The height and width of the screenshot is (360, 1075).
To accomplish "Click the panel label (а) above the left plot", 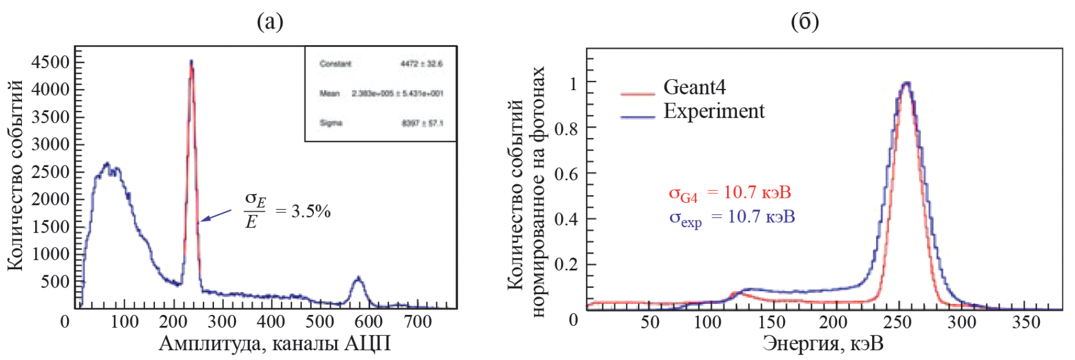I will click(x=270, y=22).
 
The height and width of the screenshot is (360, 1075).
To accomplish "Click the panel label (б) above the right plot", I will click(x=805, y=22).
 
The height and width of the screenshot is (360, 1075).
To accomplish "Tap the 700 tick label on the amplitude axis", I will click(x=418, y=322).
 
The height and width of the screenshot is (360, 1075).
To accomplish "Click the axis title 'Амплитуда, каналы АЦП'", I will click(x=275, y=344).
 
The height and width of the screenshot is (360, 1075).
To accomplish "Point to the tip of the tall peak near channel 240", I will click(x=191, y=62).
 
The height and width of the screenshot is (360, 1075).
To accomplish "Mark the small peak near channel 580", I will click(x=358, y=279).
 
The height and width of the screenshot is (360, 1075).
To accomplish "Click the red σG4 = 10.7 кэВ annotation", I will click(x=729, y=193).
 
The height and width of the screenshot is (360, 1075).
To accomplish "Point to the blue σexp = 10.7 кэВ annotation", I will click(x=732, y=217).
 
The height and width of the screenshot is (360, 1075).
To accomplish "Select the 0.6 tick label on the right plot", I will click(x=566, y=174).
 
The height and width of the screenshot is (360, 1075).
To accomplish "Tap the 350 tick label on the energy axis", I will click(x=1026, y=322).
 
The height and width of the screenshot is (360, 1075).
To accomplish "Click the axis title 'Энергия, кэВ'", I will click(x=823, y=344).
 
